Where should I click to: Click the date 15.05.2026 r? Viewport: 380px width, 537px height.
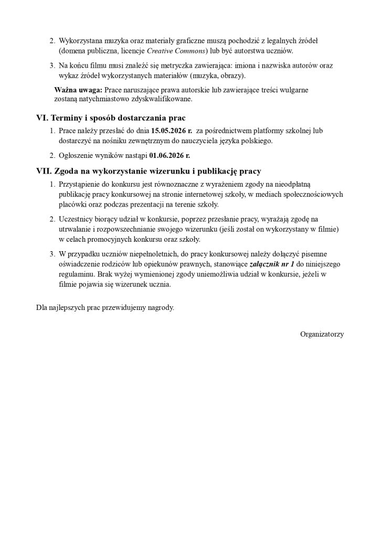pos(171,131)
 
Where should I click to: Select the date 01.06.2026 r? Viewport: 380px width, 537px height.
pos(170,155)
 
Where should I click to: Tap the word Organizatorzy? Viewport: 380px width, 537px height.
pos(322,334)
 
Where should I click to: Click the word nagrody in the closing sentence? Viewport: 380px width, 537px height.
pos(161,307)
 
